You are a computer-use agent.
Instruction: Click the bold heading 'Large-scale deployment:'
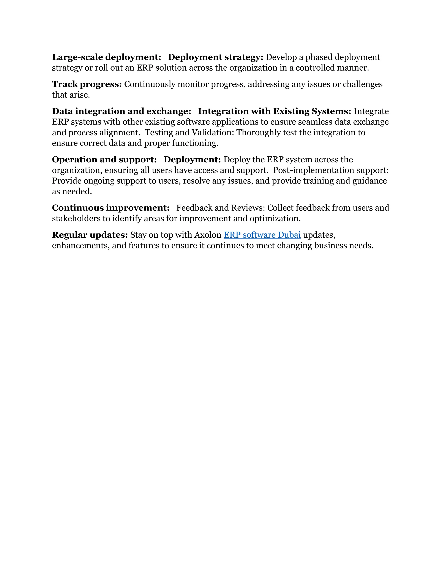point(106,57)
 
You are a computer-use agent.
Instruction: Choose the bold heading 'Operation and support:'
point(104,160)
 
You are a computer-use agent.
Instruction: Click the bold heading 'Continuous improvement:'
point(111,208)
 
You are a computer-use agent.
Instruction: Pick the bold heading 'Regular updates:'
point(90,235)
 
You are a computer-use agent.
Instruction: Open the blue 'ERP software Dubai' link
point(262,235)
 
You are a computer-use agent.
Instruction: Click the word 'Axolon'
point(208,235)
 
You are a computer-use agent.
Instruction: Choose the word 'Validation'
point(212,133)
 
